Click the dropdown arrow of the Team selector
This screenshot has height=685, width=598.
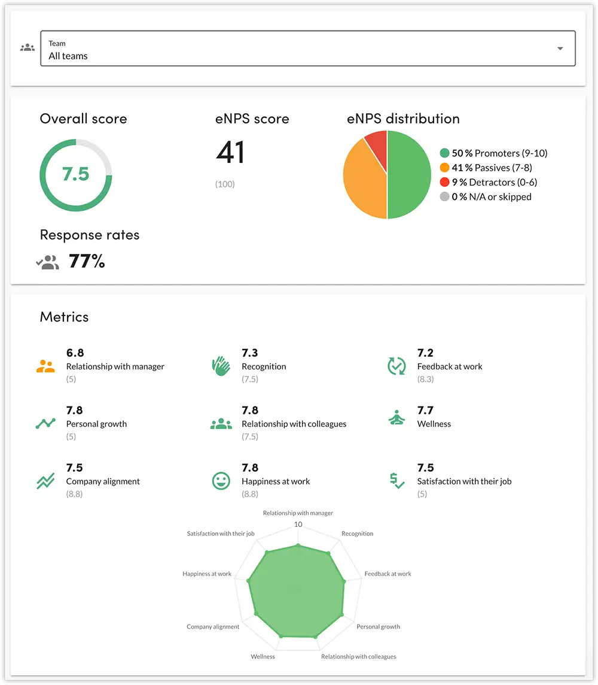[560, 49]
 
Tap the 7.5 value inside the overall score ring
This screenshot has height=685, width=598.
[76, 174]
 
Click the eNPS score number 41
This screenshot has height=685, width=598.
[230, 152]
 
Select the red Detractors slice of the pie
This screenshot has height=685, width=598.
[377, 142]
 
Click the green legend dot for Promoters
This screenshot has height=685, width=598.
[444, 153]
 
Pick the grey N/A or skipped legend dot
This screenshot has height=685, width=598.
[444, 197]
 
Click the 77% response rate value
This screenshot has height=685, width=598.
[87, 261]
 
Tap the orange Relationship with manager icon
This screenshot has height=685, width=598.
[45, 366]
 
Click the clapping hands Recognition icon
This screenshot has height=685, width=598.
[221, 366]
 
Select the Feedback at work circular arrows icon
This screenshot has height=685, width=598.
[396, 366]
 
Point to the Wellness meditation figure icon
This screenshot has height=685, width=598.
[396, 418]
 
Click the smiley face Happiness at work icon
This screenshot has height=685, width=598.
[221, 481]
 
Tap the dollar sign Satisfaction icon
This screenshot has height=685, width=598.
[396, 481]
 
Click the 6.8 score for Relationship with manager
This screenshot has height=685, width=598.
[75, 353]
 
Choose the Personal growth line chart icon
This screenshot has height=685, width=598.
[45, 423]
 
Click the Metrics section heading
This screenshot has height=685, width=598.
[64, 317]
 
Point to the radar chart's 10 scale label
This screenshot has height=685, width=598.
[298, 525]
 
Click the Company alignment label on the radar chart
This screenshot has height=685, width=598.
[213, 627]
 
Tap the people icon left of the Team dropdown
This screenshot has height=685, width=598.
[28, 48]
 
